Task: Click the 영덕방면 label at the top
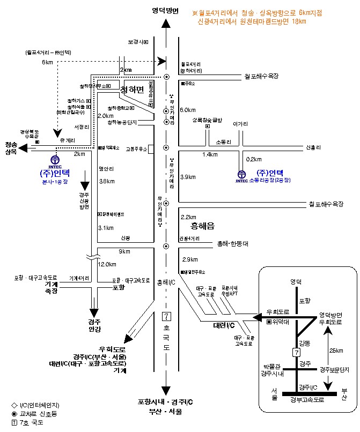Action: click(165, 10)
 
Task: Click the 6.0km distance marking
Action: click(187, 110)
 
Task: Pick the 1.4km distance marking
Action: click(210, 154)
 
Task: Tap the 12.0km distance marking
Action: click(107, 264)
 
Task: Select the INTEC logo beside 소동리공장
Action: click(241, 175)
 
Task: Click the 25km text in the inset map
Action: click(336, 351)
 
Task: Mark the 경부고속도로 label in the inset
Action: click(310, 399)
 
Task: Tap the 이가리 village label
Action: click(239, 123)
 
